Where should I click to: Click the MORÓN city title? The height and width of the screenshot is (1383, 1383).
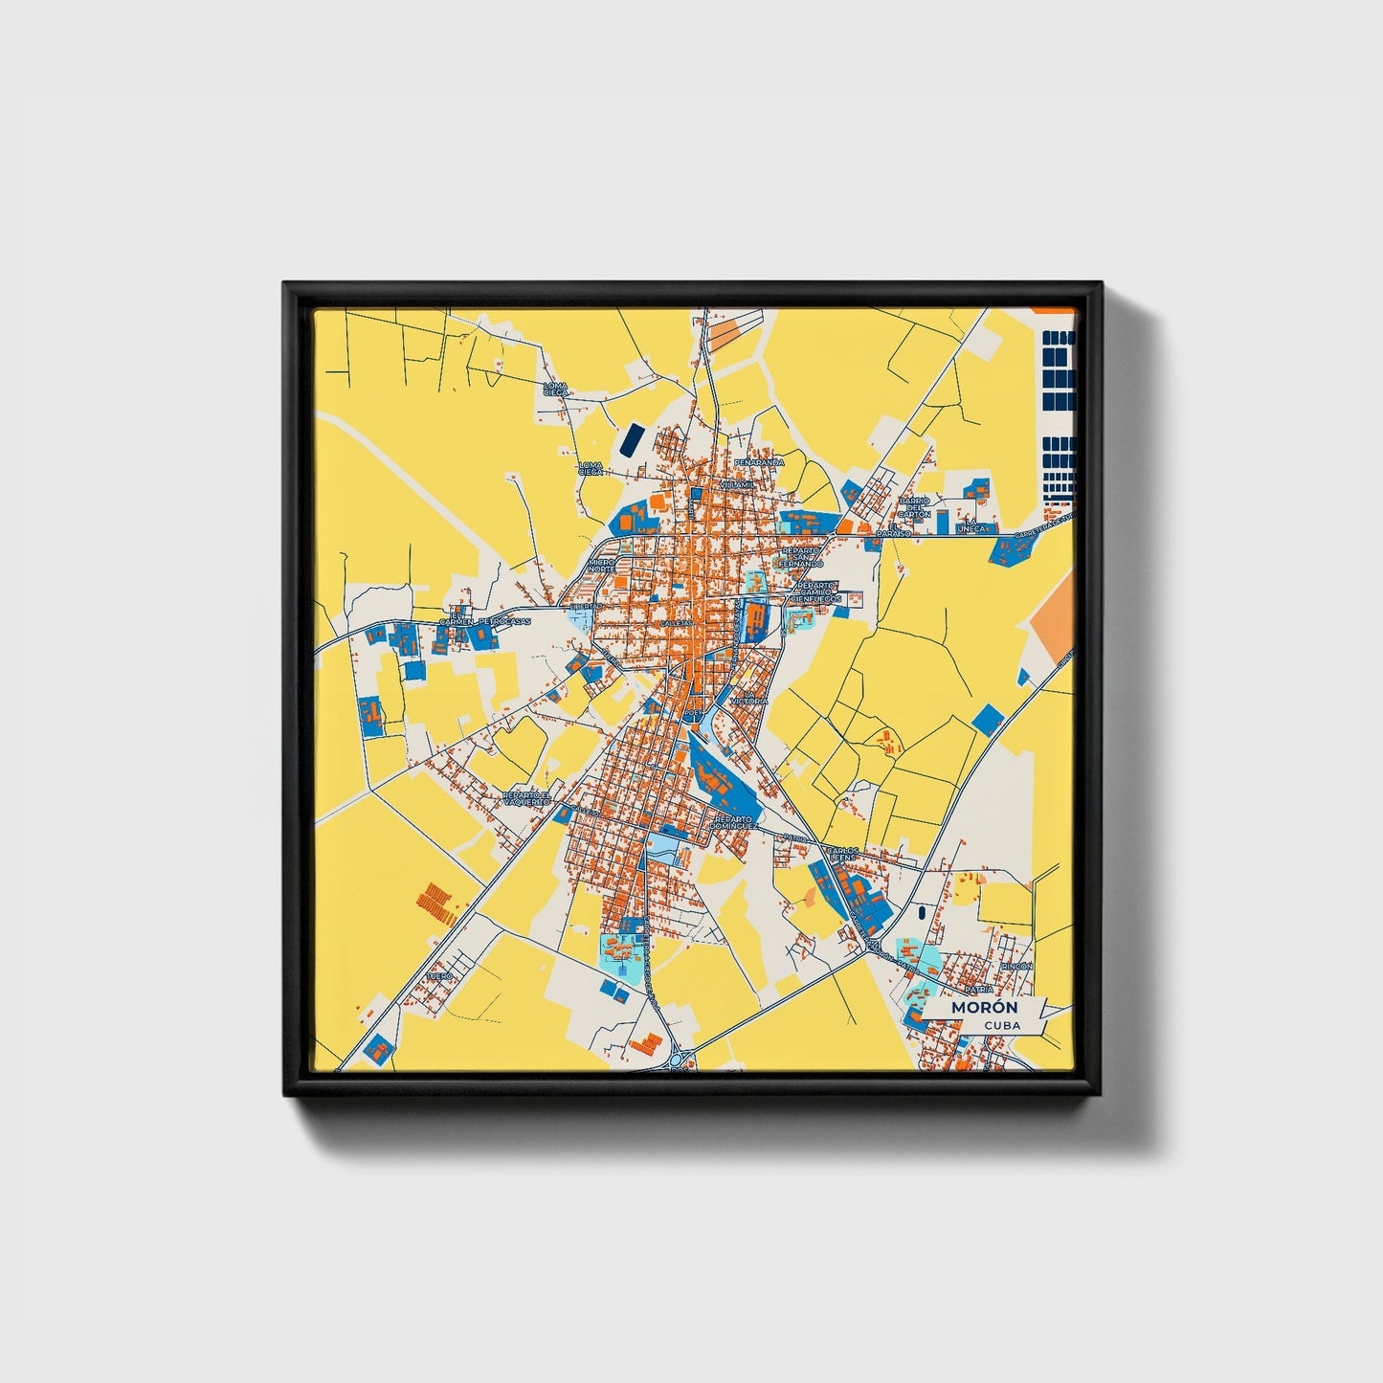984,1008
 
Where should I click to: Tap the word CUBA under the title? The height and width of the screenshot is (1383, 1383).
1001,1025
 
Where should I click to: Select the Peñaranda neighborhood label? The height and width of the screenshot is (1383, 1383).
759,462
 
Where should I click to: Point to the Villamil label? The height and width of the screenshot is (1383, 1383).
737,485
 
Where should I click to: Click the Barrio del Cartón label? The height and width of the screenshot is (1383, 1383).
914,507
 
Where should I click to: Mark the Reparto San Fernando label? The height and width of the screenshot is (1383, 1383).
801,557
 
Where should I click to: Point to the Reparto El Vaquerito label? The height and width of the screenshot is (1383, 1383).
527,798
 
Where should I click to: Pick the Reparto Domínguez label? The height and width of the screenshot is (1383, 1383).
735,822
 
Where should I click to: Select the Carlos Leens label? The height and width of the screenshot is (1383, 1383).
843,854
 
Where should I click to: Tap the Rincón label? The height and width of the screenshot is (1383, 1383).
1016,967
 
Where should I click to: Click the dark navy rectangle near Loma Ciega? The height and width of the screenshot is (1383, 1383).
633,439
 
